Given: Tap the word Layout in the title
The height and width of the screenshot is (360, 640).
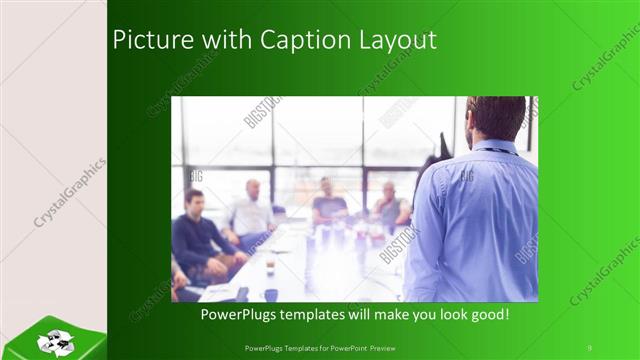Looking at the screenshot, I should click(399, 40).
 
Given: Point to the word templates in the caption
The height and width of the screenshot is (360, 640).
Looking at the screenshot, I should click(324, 314).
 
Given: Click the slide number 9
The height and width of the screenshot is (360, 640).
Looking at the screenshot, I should click(589, 347).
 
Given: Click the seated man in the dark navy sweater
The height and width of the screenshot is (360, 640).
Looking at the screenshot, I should click(201, 240).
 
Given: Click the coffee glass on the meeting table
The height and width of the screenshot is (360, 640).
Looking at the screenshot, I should click(270, 264).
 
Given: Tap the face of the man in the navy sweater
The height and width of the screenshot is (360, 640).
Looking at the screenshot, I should click(195, 202).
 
